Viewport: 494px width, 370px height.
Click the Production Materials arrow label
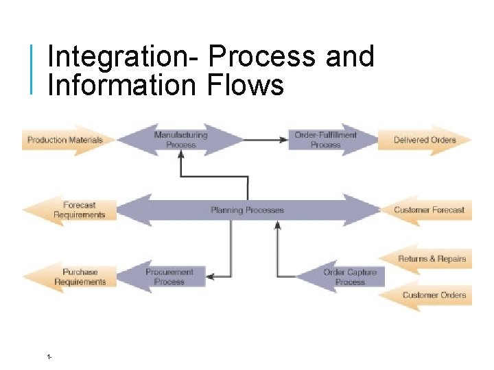click(65, 140)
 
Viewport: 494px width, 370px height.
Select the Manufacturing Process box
click(180, 140)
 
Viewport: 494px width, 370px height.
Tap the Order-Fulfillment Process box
click(325, 140)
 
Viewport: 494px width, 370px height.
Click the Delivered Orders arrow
click(424, 140)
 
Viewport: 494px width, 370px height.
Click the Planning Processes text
click(247, 210)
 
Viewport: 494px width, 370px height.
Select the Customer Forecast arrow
click(428, 210)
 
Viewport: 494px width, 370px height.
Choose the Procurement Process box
click(169, 277)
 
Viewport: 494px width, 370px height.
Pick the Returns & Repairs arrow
click(431, 259)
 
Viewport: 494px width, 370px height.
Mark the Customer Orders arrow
click(433, 295)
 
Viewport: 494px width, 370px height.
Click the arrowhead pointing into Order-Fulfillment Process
click(283, 140)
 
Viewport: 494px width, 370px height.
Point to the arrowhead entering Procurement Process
click(211, 277)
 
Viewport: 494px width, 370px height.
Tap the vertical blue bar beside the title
click(32, 69)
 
